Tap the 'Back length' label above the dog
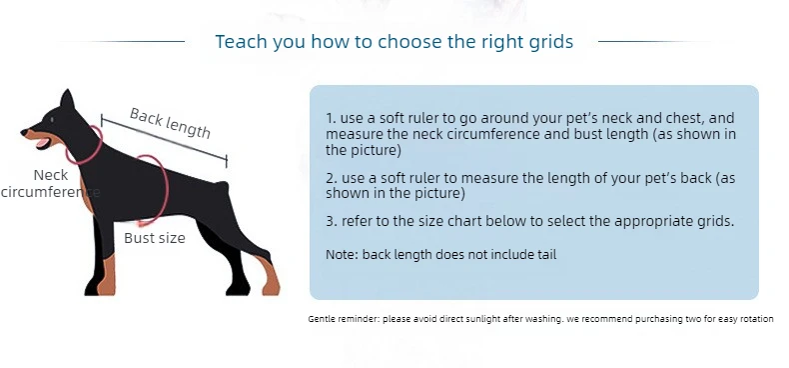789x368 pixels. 170,123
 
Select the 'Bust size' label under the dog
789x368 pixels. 155,238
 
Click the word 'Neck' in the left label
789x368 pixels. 51,175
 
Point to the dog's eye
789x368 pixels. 52,119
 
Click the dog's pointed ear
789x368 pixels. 67,99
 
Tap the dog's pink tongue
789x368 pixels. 42,143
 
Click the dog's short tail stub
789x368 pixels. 224,187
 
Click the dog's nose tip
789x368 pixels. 24,132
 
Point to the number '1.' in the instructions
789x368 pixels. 331,118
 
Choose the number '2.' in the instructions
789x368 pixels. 332,178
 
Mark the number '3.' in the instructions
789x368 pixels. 332,221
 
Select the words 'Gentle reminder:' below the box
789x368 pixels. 345,319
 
